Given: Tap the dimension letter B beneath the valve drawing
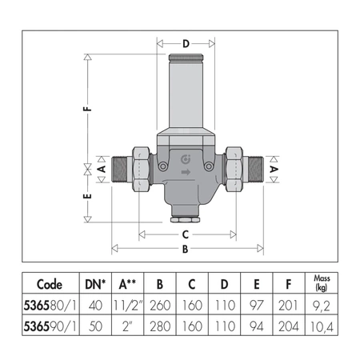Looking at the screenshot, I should [x=186, y=248].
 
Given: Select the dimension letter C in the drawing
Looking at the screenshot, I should [x=186, y=234].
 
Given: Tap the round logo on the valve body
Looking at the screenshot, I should [x=186, y=157].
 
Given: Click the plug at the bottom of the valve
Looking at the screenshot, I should [x=186, y=215].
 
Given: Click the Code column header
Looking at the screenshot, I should [x=50, y=284].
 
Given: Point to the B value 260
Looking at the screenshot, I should [x=159, y=304].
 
